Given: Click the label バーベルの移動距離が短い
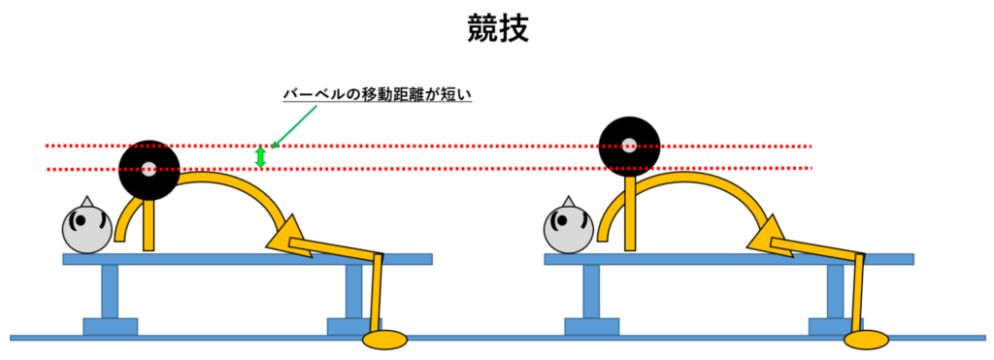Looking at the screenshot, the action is pos(377,94).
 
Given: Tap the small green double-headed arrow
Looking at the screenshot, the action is pos(260,157).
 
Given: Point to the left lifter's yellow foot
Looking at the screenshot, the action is pos(384,340).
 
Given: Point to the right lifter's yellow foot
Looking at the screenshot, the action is pos(866,340).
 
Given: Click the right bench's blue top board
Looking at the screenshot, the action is pos(728,259).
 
